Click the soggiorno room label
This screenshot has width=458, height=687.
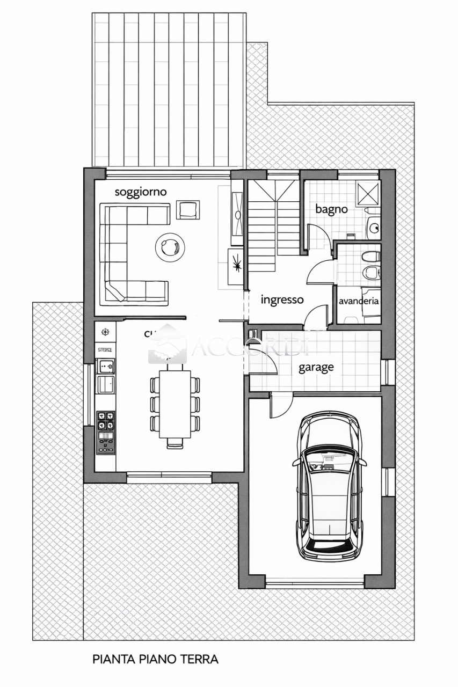141,192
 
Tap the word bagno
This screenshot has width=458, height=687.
331,209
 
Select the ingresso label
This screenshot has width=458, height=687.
282,300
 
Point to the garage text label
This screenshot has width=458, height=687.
316,368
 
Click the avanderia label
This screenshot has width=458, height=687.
359,301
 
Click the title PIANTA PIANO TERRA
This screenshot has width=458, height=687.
155,659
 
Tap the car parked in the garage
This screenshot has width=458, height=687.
329,486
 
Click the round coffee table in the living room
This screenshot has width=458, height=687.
170,247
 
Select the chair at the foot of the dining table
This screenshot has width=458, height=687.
175,443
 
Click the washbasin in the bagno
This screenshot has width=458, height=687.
374,228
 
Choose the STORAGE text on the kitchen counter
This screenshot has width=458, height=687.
105,349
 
